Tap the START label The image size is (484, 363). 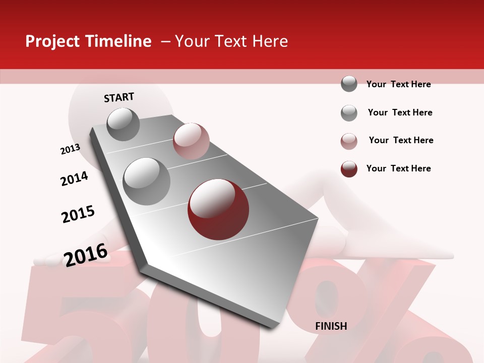[x=119, y=97]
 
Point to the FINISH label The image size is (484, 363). [x=331, y=326]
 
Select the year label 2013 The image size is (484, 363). [x=70, y=149]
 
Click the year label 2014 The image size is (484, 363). [x=74, y=178]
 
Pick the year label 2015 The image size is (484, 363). [x=78, y=214]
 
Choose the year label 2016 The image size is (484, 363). [x=86, y=254]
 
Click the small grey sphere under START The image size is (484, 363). [x=124, y=125]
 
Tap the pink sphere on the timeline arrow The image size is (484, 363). [x=191, y=141]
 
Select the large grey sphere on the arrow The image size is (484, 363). [x=147, y=181]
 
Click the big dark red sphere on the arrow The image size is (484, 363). [x=218, y=209]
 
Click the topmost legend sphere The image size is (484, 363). [x=349, y=84]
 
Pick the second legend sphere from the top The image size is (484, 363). [x=349, y=113]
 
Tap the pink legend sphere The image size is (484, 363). [x=349, y=141]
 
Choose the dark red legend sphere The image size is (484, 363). [x=349, y=169]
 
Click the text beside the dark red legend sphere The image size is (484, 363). [x=398, y=168]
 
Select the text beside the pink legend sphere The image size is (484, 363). [x=401, y=140]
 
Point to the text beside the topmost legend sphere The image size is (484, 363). [x=398, y=84]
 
